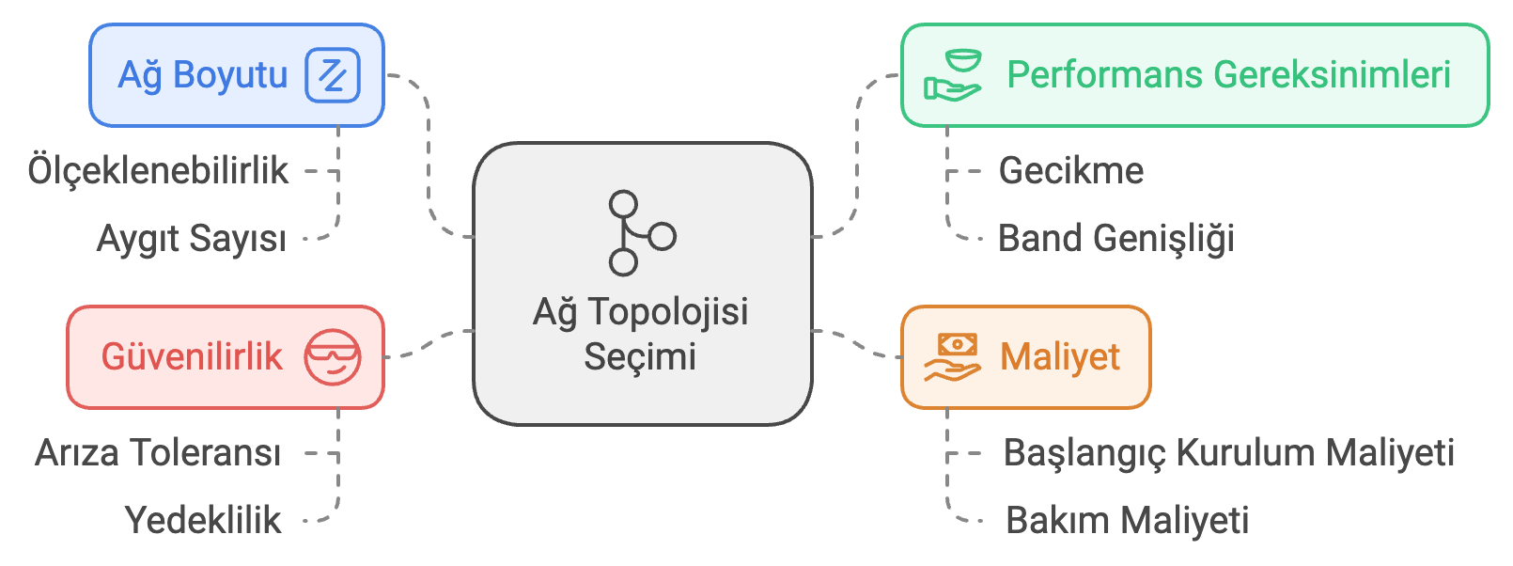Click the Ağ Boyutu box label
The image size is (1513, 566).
[x=202, y=75]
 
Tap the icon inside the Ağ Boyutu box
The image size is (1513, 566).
[x=333, y=75]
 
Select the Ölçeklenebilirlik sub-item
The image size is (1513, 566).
[x=158, y=171]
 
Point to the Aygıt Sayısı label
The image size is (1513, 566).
[x=191, y=239]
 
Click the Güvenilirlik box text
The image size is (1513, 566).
[x=192, y=357]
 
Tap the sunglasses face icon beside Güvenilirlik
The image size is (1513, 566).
[x=333, y=357]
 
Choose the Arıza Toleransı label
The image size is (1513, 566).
[x=158, y=453]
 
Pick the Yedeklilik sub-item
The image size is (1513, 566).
[x=203, y=521]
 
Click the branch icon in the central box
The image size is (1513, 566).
[x=641, y=233]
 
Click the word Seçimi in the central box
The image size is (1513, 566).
[x=640, y=357]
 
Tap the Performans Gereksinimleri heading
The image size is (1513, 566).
[x=1228, y=75]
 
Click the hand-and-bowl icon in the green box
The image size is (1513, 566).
[x=952, y=75]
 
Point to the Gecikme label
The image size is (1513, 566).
[x=1070, y=171]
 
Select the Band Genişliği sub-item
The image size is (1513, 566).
[x=1115, y=239]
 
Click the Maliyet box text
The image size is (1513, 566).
[x=1059, y=357]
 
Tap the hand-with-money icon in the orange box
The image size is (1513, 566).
[x=952, y=357]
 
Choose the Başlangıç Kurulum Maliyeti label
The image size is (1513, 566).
[x=1228, y=453]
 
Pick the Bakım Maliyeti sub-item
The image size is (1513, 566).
[x=1127, y=521]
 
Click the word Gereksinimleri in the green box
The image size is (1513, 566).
[x=1332, y=75]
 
